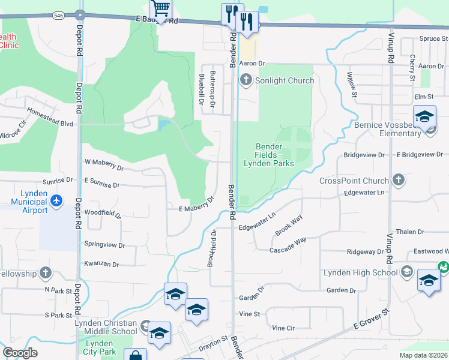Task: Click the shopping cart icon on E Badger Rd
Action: coord(161,8)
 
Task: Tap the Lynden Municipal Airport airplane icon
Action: coord(56,200)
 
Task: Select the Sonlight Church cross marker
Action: coord(246,80)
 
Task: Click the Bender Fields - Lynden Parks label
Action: coord(268,155)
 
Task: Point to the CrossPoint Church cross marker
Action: coord(398,179)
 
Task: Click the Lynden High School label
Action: coord(360,272)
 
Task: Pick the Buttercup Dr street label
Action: coord(212,92)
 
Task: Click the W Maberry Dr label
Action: coord(103,161)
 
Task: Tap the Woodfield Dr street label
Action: coord(103,214)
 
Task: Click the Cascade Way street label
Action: coord(288,244)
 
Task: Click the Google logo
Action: coord(20,352)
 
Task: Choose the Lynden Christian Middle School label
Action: coord(106,327)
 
